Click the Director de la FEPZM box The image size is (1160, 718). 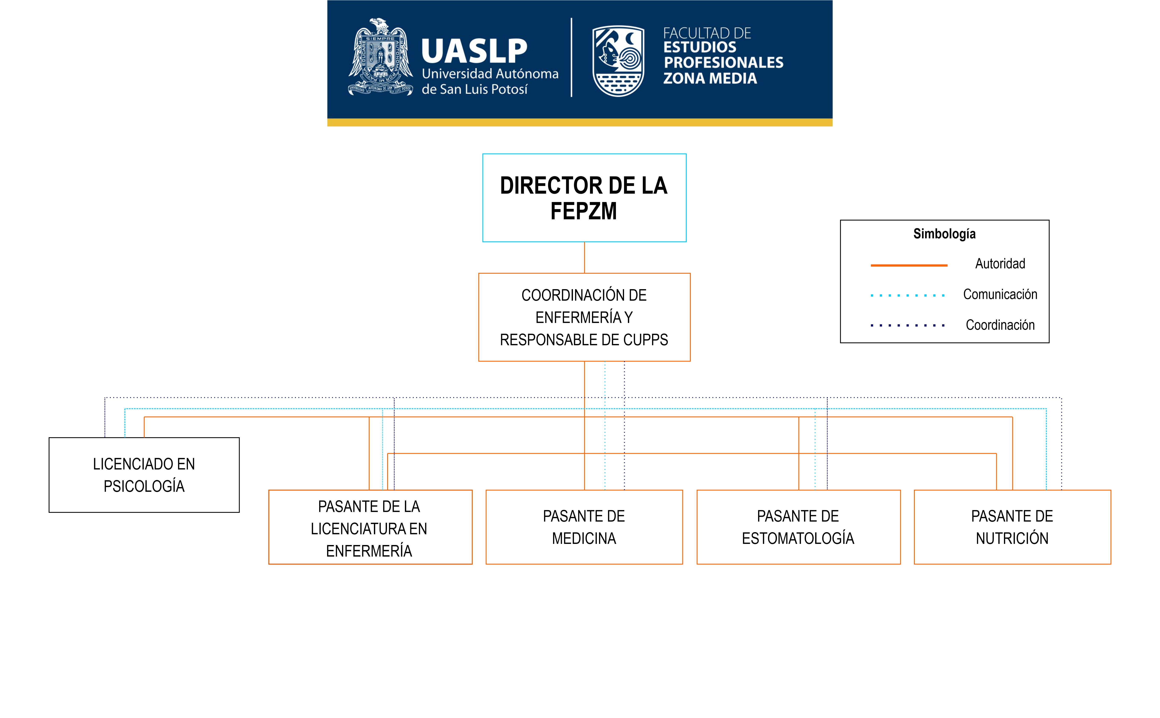point(584,198)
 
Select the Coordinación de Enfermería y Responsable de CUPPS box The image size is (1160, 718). point(584,317)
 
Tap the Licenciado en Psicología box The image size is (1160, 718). point(144,475)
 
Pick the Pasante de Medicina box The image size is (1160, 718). point(584,527)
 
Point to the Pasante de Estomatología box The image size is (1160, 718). point(798,527)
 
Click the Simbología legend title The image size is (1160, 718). point(944,234)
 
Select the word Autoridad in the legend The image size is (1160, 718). point(1000,264)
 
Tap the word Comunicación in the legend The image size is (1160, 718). point(1000,294)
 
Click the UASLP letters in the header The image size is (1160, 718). point(474,51)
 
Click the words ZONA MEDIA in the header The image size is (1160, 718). point(710,78)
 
